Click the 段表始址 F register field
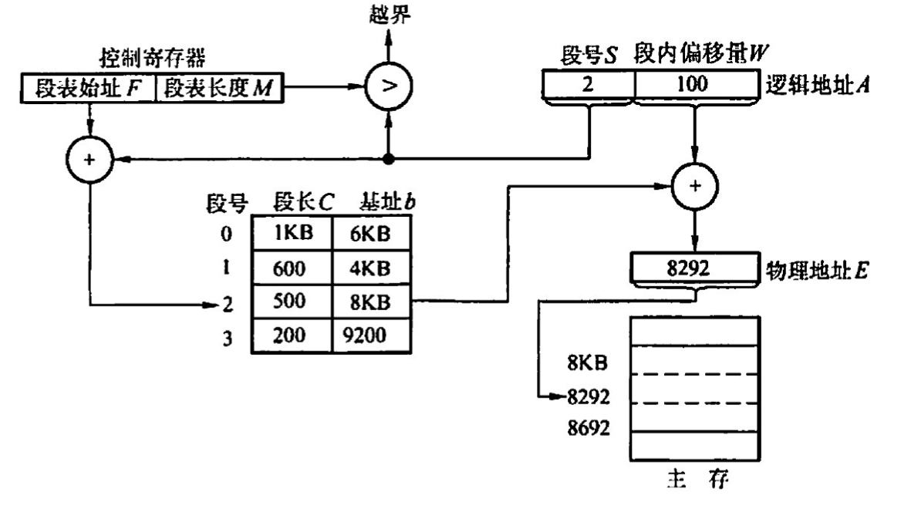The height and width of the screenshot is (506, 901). tap(86, 90)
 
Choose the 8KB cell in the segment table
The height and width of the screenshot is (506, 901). tap(370, 302)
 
